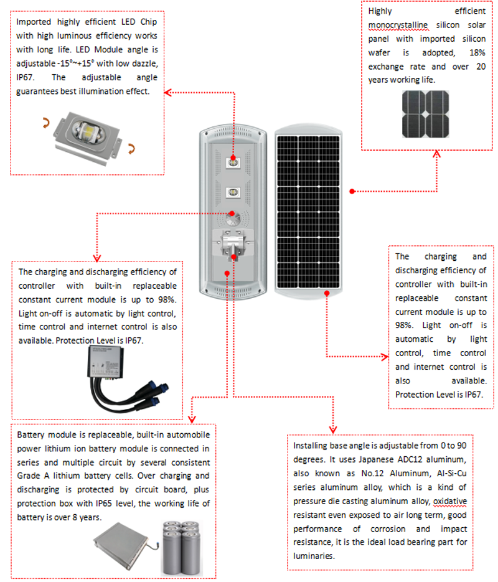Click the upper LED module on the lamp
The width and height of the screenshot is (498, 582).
coord(232,162)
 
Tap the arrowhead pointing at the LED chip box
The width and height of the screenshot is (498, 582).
coord(167,93)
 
